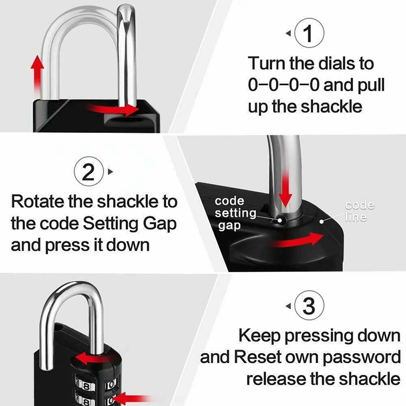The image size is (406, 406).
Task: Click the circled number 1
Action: pos(309,33)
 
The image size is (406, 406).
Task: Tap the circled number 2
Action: pos(89,172)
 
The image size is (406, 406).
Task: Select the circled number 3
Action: pos(309,306)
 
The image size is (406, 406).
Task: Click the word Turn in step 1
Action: pos(267,63)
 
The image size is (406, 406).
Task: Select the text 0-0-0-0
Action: pos(284,85)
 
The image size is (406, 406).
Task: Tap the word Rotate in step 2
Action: pos(38,201)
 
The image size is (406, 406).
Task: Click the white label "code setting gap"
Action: pos(235,213)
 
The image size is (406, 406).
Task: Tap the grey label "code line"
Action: pos(359,211)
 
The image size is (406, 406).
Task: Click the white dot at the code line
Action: pos(322,222)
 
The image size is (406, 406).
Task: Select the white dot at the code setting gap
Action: pos(280,221)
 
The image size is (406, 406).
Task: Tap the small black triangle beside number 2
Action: pos(111,172)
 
